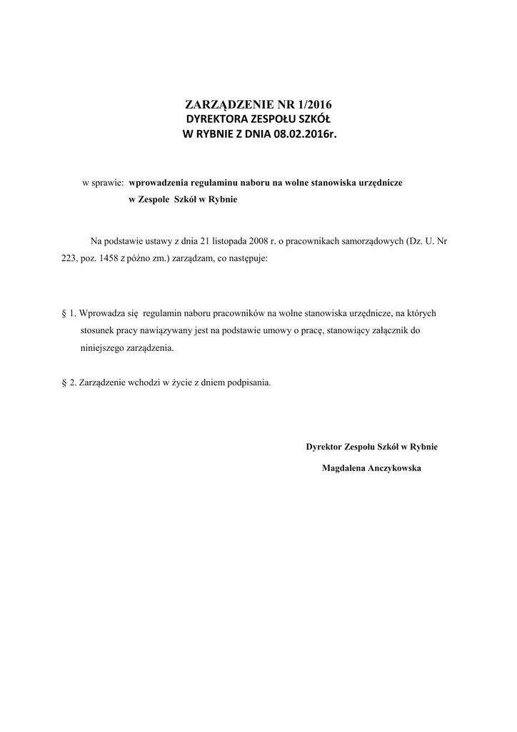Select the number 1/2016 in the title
pyautogui.click(x=316, y=104)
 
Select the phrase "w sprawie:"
pyautogui.click(x=104, y=183)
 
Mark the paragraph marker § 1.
pyautogui.click(x=69, y=313)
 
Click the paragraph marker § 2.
pyautogui.click(x=69, y=382)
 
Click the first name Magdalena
pyautogui.click(x=345, y=468)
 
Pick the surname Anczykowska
pyautogui.click(x=396, y=468)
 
